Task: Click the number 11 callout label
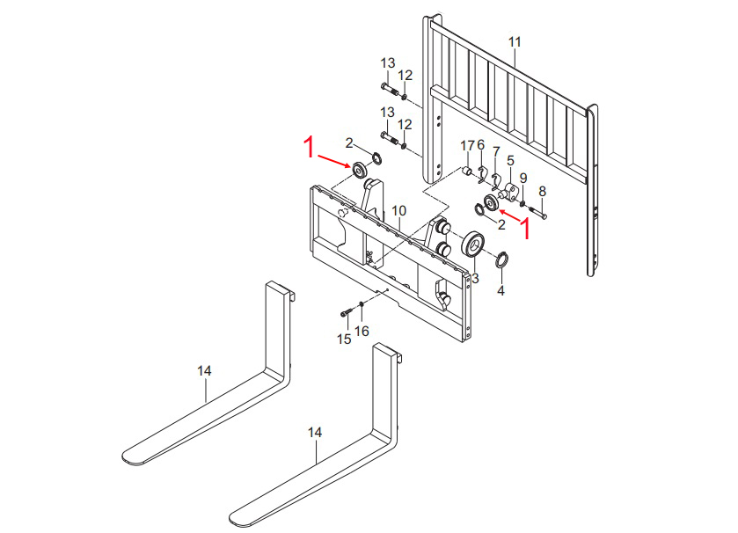[515, 41]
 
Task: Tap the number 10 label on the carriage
[398, 211]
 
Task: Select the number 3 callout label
[475, 278]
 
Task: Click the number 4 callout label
[501, 290]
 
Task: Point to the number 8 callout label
[542, 191]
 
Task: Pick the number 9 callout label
[522, 178]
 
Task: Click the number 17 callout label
[468, 145]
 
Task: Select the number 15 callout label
[344, 339]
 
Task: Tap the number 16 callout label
[362, 331]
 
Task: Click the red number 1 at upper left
[309, 147]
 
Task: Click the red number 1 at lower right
[527, 229]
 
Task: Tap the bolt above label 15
[347, 311]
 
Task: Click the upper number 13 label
[388, 62]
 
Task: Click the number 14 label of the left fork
[204, 372]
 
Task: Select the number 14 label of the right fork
[315, 432]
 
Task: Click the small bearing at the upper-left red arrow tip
[360, 169]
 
